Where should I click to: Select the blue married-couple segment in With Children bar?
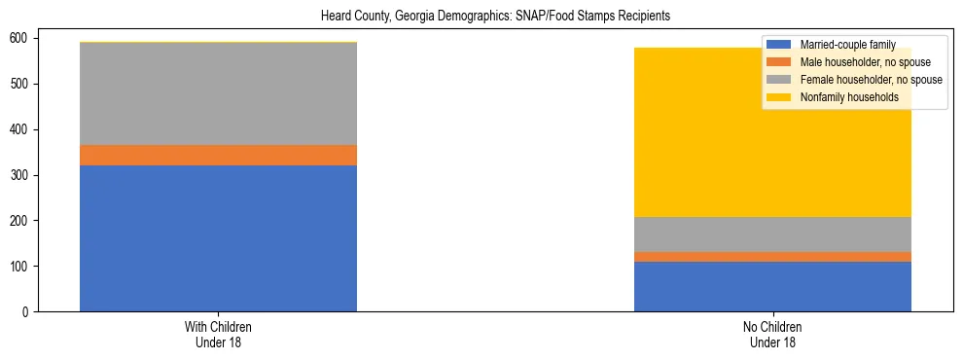pyautogui.click(x=218, y=238)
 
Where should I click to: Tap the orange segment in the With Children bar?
pyautogui.click(x=218, y=155)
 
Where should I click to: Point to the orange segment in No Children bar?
pyautogui.click(x=772, y=257)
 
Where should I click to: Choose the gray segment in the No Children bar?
pyautogui.click(x=772, y=234)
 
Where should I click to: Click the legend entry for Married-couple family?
pyautogui.click(x=846, y=45)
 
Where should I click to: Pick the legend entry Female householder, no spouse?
pyautogui.click(x=869, y=80)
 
